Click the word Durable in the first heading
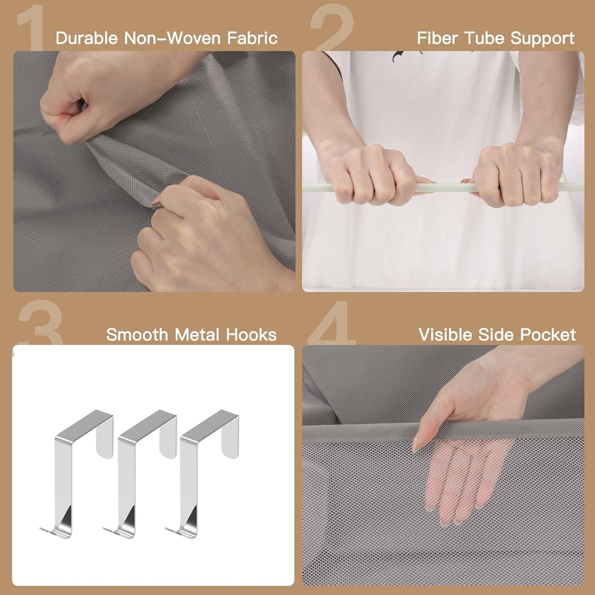click(x=87, y=38)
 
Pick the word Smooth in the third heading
click(x=137, y=334)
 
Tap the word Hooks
click(x=251, y=334)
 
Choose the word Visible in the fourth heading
click(x=445, y=334)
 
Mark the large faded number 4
click(x=332, y=323)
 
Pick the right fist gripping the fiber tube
click(x=514, y=175)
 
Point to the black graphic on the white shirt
click(x=403, y=56)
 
